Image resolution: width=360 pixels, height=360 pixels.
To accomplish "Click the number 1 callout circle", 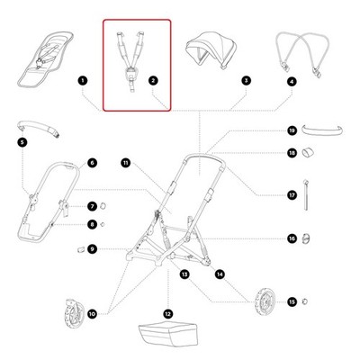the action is tap(82, 80).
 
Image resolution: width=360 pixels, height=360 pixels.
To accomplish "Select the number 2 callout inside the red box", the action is tap(153, 80).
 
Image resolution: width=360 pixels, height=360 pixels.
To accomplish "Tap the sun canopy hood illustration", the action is tap(211, 49).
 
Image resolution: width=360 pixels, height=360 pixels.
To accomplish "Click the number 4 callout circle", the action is tap(292, 81).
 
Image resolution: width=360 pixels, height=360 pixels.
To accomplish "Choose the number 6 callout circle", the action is tap(92, 163).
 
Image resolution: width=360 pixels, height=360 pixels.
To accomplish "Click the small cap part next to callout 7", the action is tap(103, 206).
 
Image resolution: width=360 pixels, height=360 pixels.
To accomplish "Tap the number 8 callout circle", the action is tap(92, 224).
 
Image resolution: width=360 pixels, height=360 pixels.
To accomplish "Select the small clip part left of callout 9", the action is tap(80, 249).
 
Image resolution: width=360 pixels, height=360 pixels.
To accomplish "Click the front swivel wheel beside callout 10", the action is tap(74, 313).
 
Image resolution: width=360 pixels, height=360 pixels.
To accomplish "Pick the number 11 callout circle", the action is tap(126, 163).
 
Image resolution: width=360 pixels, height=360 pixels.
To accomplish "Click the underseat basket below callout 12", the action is tap(168, 334).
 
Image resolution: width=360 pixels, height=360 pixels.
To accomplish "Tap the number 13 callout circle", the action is tap(184, 274).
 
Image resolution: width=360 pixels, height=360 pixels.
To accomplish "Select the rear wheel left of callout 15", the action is tap(265, 301).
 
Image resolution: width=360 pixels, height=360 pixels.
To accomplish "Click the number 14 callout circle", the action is tap(220, 274).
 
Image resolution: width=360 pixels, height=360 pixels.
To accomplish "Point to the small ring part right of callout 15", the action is tap(304, 301).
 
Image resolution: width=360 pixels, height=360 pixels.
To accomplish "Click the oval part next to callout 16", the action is tap(306, 238).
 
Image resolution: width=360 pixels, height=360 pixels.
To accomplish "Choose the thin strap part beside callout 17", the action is tap(306, 194).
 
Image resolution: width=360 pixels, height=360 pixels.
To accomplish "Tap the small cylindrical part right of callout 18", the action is tap(308, 153).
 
